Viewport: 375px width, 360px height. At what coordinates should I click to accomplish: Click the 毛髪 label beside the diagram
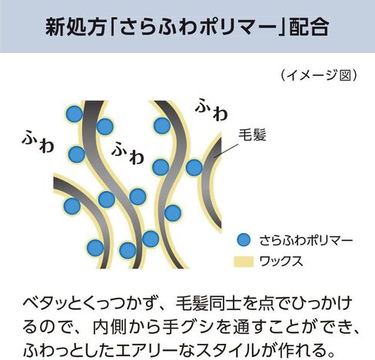coord(253,135)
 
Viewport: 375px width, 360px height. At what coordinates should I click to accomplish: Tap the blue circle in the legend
coord(244,240)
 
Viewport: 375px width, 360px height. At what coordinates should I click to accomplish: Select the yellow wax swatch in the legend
coord(244,262)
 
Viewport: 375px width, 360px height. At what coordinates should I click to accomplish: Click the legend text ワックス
coord(281,262)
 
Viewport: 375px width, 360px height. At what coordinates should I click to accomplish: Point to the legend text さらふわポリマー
coord(307,241)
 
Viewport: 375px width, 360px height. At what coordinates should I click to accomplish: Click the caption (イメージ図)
coord(319,75)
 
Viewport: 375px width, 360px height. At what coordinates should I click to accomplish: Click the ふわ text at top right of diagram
coord(211,109)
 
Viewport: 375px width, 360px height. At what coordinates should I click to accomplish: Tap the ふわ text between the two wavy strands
coord(128,153)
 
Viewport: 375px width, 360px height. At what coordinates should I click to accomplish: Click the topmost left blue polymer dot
coord(75,114)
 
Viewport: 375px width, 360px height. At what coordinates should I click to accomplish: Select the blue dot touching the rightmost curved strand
coord(194,168)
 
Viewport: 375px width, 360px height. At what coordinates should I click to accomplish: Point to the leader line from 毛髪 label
coord(227,150)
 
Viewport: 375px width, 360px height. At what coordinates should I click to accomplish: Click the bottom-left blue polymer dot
coord(95,248)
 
